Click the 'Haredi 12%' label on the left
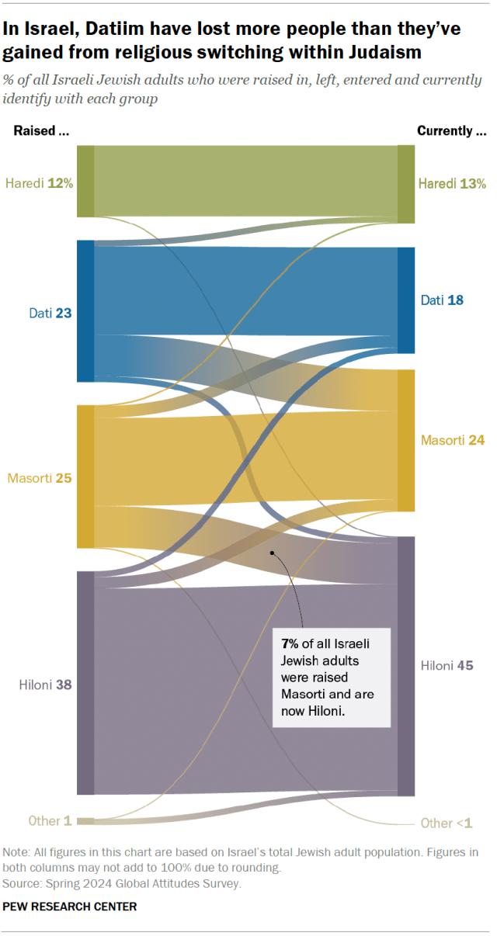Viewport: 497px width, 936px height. coord(39,184)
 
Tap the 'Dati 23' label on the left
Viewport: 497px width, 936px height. coord(50,314)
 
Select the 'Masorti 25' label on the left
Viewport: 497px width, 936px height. coord(40,478)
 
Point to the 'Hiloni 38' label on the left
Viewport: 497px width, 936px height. coord(45,685)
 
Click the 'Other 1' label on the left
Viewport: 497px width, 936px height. coord(49,821)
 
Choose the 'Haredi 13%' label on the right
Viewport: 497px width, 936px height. coord(452,184)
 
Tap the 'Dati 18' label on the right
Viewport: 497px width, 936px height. coord(442,300)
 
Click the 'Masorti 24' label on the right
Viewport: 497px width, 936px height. coord(453,440)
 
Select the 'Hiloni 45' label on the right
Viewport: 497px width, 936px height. coord(447,666)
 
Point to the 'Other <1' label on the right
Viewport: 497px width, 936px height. coord(447,823)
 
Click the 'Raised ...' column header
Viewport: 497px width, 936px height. coord(41,131)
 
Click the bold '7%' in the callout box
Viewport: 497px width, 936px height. coord(290,644)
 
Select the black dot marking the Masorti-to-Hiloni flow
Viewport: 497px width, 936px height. coord(272,553)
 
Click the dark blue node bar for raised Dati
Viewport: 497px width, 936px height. coord(85,311)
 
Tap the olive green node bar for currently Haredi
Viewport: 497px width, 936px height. coord(405,184)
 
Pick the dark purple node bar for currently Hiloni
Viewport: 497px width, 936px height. coord(405,666)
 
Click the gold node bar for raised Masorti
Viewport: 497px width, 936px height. coord(85,477)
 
